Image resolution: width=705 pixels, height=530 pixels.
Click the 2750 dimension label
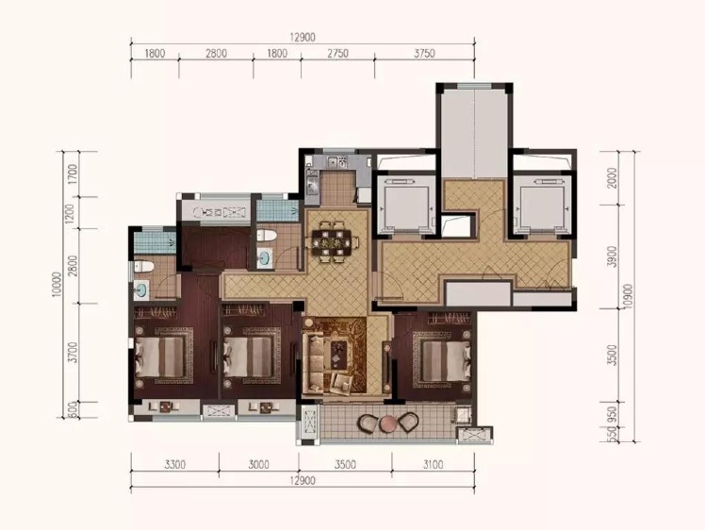(x=337, y=54)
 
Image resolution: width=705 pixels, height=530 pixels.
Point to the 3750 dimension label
(x=424, y=54)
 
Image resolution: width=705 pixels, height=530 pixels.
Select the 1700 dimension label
(x=72, y=174)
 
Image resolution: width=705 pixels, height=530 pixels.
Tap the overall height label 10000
(x=57, y=285)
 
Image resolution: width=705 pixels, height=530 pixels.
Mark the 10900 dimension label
(x=629, y=295)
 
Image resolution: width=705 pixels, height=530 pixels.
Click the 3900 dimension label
(x=612, y=257)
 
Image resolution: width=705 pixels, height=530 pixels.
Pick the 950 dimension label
(x=612, y=414)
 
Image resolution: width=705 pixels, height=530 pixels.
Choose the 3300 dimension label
(x=174, y=464)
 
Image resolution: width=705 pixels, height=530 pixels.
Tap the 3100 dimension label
(x=433, y=464)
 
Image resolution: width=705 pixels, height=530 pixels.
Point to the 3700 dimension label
(x=72, y=353)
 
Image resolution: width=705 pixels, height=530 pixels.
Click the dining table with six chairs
(x=333, y=242)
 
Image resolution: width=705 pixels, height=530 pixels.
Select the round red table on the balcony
(x=387, y=423)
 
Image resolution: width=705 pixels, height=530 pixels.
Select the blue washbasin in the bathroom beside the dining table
(x=264, y=258)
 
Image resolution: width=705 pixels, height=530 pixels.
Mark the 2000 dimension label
(x=612, y=178)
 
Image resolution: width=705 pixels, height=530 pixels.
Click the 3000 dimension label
(x=258, y=464)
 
